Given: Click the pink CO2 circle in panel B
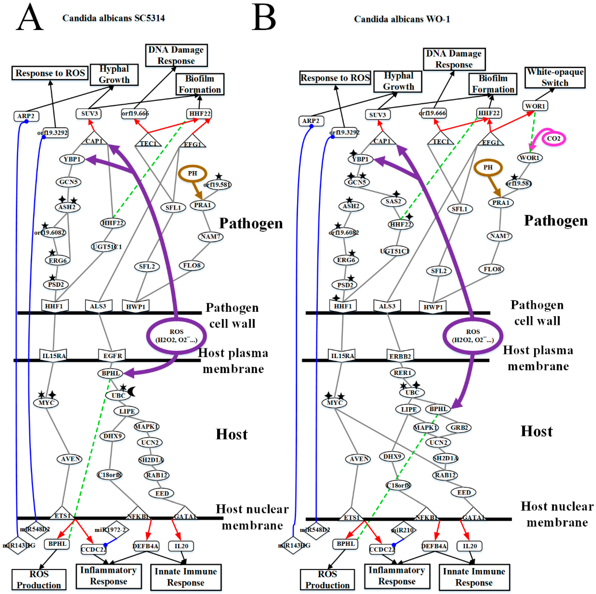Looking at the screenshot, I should (554, 139).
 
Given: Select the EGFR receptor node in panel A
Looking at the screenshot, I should (113, 355).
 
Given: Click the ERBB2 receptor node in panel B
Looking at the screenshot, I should (400, 356).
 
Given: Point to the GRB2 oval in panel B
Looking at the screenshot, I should (459, 427).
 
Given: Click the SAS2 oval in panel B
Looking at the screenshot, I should (393, 201).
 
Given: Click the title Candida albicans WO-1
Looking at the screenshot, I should (402, 19).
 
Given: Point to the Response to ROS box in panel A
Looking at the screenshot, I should (50, 73).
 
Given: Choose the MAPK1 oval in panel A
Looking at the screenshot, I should (146, 426).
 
